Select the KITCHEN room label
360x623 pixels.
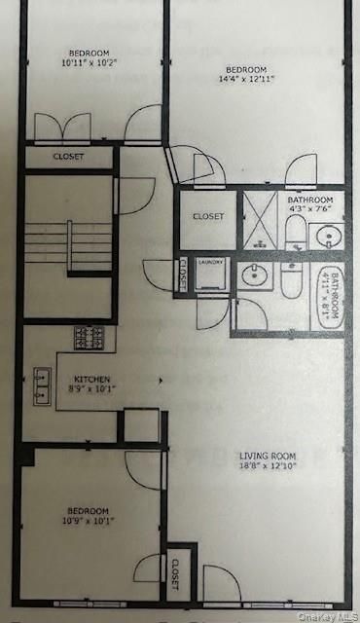[90, 379]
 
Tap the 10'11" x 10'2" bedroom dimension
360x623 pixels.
[89, 64]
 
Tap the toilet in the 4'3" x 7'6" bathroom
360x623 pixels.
[295, 231]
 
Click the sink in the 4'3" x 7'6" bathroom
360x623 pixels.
[329, 236]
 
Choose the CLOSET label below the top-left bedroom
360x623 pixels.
[67, 157]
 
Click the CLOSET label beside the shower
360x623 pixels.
[207, 216]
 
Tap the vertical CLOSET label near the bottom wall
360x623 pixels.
[176, 574]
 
